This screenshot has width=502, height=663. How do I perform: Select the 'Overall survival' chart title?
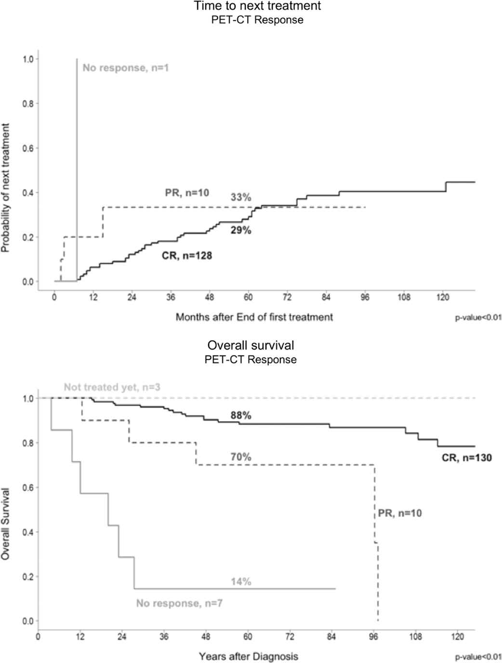point(251,345)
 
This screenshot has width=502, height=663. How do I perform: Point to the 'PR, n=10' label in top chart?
point(187,193)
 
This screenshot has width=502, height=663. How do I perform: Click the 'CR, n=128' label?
point(187,256)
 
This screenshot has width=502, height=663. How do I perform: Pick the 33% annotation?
point(241,197)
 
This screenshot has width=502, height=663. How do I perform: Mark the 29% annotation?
point(241,230)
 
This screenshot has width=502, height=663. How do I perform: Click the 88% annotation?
point(241,415)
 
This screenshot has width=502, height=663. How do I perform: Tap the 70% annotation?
point(241,457)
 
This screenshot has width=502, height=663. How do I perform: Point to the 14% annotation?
point(241,582)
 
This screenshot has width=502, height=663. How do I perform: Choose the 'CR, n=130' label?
point(467,458)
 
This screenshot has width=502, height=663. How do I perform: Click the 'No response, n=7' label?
point(179,603)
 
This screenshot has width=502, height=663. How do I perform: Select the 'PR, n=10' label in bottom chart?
point(400,513)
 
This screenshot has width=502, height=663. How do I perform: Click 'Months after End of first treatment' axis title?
point(254,317)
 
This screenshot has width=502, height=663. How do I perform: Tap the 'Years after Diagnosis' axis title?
point(248,656)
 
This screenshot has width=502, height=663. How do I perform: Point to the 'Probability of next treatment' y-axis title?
point(6,188)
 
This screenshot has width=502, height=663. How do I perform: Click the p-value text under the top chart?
point(478,318)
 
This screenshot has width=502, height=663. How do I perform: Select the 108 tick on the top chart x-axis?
point(404,298)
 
